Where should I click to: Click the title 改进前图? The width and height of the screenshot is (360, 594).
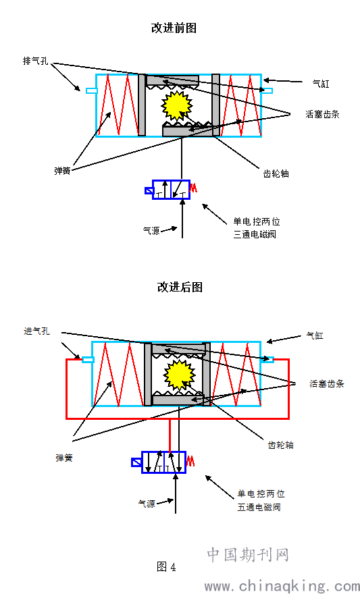point(174,28)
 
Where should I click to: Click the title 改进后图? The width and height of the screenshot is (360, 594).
point(180,287)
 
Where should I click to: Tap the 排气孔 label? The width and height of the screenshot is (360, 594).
point(36,61)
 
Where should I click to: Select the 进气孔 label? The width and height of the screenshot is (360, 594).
point(36,331)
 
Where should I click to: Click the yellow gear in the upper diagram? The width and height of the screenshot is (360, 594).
point(176,105)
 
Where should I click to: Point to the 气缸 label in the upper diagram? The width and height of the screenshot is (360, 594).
point(321,84)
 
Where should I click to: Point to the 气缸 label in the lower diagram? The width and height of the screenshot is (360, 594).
point(315,335)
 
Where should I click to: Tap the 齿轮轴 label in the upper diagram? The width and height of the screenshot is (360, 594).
point(276,173)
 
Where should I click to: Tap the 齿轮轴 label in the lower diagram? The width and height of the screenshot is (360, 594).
point(280,445)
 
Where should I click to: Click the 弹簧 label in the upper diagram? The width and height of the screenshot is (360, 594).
point(63,171)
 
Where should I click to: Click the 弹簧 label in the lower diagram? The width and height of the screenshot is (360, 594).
point(64,458)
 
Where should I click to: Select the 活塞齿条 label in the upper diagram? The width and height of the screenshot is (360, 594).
point(322,114)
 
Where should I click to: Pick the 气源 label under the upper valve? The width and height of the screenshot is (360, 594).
point(151,230)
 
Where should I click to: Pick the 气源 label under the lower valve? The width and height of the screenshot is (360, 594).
point(147,504)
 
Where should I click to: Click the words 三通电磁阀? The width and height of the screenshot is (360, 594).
point(255,234)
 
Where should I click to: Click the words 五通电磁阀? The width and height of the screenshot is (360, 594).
point(259,507)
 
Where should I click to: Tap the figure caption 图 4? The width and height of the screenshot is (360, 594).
point(166,567)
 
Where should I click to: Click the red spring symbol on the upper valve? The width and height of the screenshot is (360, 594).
point(193,188)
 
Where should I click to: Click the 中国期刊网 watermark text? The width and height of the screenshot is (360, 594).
point(248,555)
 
